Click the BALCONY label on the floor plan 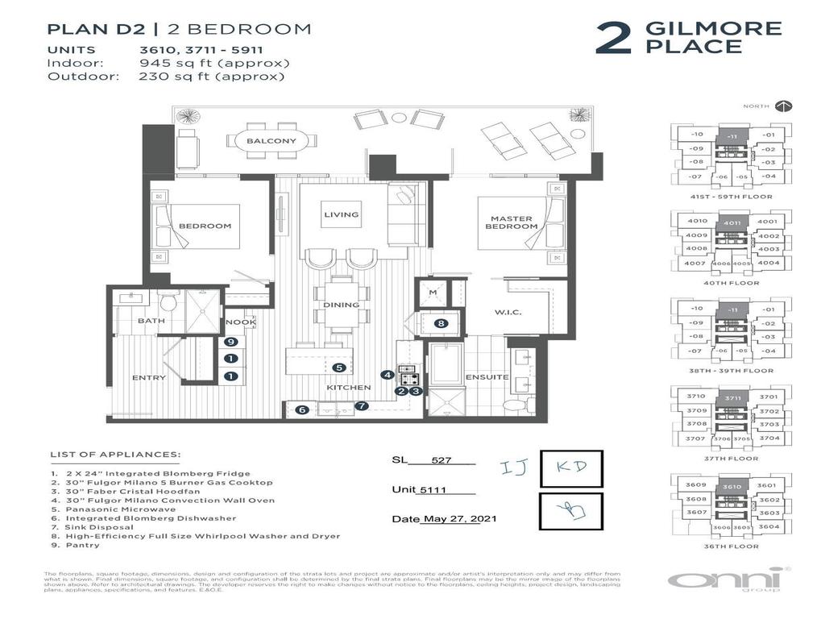pyautogui.click(x=272, y=142)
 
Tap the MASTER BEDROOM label pyautogui.click(x=511, y=222)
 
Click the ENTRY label pyautogui.click(x=149, y=377)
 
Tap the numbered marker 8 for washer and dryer pyautogui.click(x=441, y=323)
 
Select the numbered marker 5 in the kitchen pyautogui.click(x=340, y=368)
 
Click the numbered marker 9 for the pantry pyautogui.click(x=230, y=342)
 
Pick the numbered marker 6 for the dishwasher pyautogui.click(x=301, y=409)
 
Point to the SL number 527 pyautogui.click(x=442, y=461)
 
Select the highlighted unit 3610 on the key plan pyautogui.click(x=732, y=487)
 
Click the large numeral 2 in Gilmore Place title pyautogui.click(x=614, y=39)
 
